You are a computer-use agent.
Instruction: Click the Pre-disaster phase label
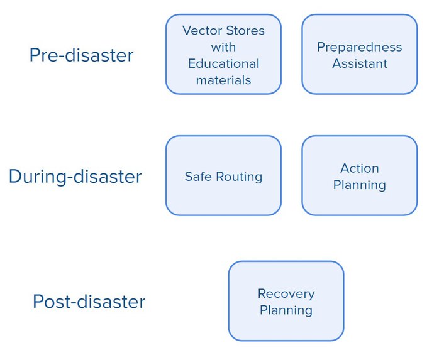81,55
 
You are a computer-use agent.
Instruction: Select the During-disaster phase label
75,177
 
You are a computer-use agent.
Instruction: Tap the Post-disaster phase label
89,302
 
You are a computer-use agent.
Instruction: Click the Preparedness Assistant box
359,55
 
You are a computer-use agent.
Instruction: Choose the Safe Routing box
223,177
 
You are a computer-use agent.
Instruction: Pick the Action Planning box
359,177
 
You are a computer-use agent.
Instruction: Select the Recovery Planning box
286,302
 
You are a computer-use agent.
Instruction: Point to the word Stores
245,30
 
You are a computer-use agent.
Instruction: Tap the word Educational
223,63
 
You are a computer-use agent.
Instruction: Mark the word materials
223,80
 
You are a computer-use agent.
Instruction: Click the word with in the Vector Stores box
223,47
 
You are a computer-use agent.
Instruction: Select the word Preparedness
359,47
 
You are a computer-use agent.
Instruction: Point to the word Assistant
359,63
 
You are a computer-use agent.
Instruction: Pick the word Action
359,168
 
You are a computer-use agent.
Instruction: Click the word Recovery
286,293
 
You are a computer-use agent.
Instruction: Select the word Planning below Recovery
286,310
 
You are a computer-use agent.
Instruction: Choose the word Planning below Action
359,185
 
